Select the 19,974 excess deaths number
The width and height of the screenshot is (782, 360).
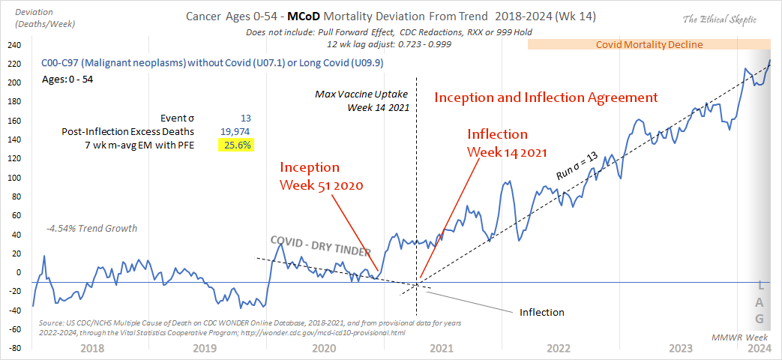[235, 131]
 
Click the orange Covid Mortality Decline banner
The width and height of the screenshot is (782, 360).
[649, 44]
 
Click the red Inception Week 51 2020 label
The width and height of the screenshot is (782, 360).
[321, 175]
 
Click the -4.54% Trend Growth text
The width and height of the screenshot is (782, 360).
[91, 228]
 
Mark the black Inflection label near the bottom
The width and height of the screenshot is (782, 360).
[542, 311]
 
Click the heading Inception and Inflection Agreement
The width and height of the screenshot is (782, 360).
[546, 97]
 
